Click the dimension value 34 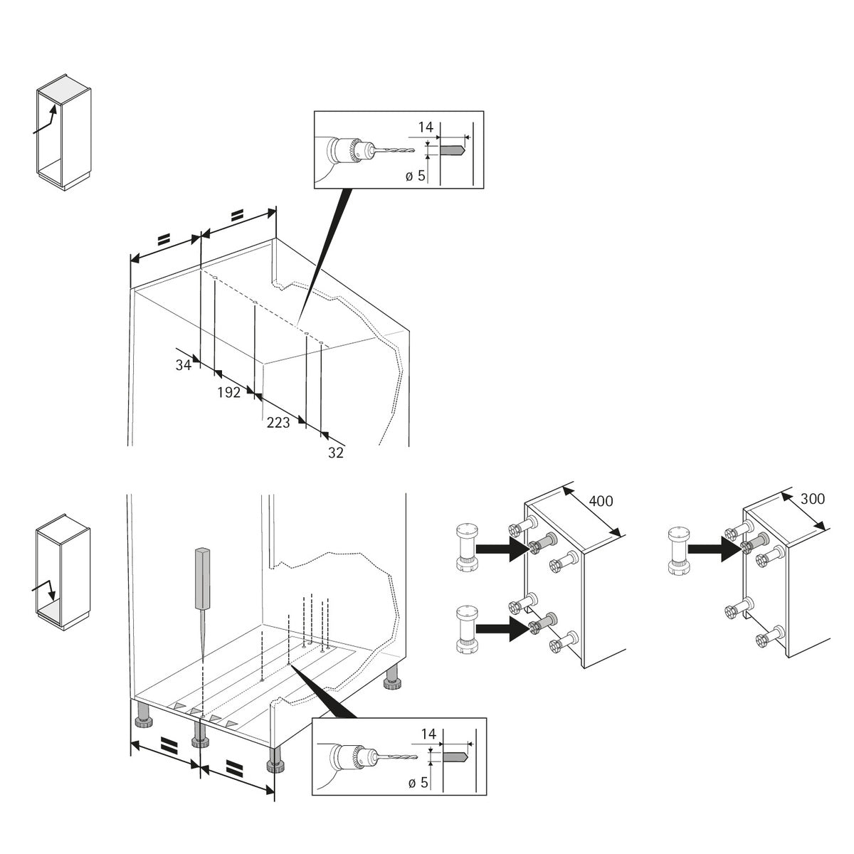coord(184,365)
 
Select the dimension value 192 coord(228,392)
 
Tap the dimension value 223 coord(278,423)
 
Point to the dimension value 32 coord(336,453)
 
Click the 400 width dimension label coord(601,501)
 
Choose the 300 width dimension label coord(812,499)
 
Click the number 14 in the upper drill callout coord(426,127)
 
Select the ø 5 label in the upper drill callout coord(416,176)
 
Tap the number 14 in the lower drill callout coord(428,733)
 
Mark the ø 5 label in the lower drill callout coord(419,782)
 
